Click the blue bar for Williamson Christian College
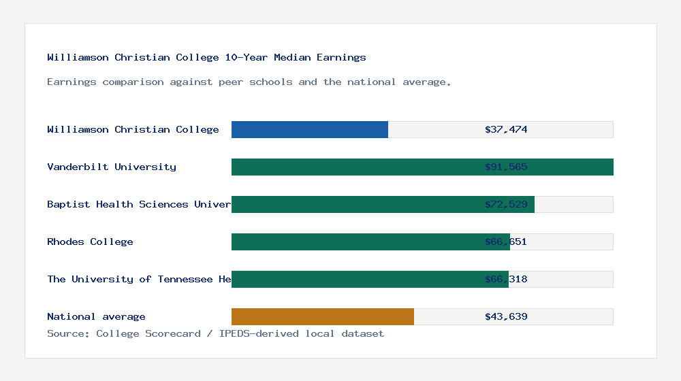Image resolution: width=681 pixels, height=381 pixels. pos(310,129)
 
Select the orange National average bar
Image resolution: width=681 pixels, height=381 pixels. pos(323,316)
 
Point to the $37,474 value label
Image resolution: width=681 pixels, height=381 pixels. pos(506,129)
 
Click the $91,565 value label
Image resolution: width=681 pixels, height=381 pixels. pos(506,167)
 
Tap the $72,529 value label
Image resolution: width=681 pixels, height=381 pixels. pos(506,204)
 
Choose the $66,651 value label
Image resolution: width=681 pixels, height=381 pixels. pos(506,242)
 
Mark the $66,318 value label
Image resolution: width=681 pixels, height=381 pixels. pos(506,279)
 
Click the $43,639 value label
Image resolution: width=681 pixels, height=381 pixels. pos(506,316)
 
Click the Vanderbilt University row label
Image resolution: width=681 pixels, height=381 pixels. pos(112,167)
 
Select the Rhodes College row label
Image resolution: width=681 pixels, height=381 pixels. pos(90,242)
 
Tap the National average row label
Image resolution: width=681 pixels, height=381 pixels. pos(96,316)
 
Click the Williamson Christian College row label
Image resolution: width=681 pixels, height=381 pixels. pos(133,129)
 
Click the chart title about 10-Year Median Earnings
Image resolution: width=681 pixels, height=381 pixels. pos(206,57)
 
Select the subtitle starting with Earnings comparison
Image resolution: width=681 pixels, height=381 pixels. pos(249,82)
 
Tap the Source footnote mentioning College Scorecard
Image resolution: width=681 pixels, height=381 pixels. pos(215,333)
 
